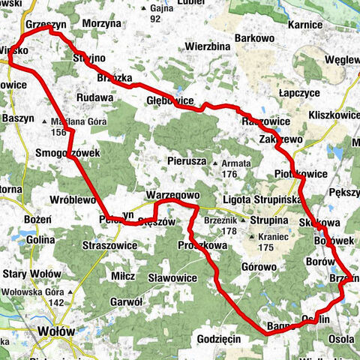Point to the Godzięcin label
click(x=218, y=338)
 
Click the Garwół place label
click(x=126, y=302)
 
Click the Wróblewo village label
click(x=72, y=200)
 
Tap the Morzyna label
click(x=101, y=24)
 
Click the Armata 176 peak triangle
click(x=215, y=163)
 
